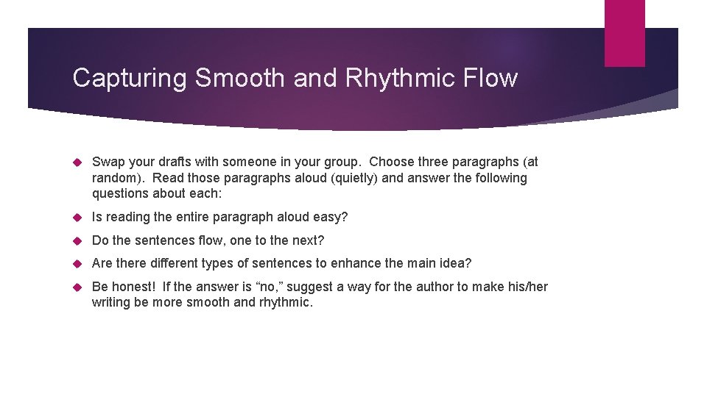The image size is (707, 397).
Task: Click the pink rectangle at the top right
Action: click(x=625, y=33)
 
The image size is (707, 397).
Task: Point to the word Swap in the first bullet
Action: click(x=108, y=162)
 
